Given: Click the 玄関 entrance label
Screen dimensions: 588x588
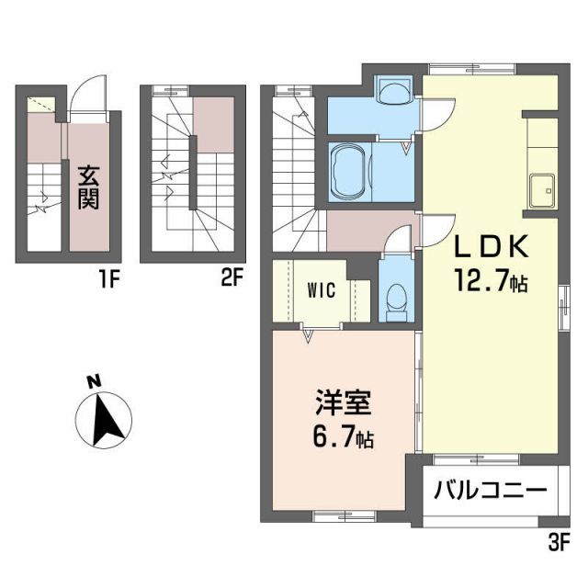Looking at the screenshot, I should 89,187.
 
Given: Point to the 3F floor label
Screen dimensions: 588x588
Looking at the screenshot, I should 560,543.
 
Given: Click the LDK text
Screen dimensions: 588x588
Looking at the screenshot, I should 490,248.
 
